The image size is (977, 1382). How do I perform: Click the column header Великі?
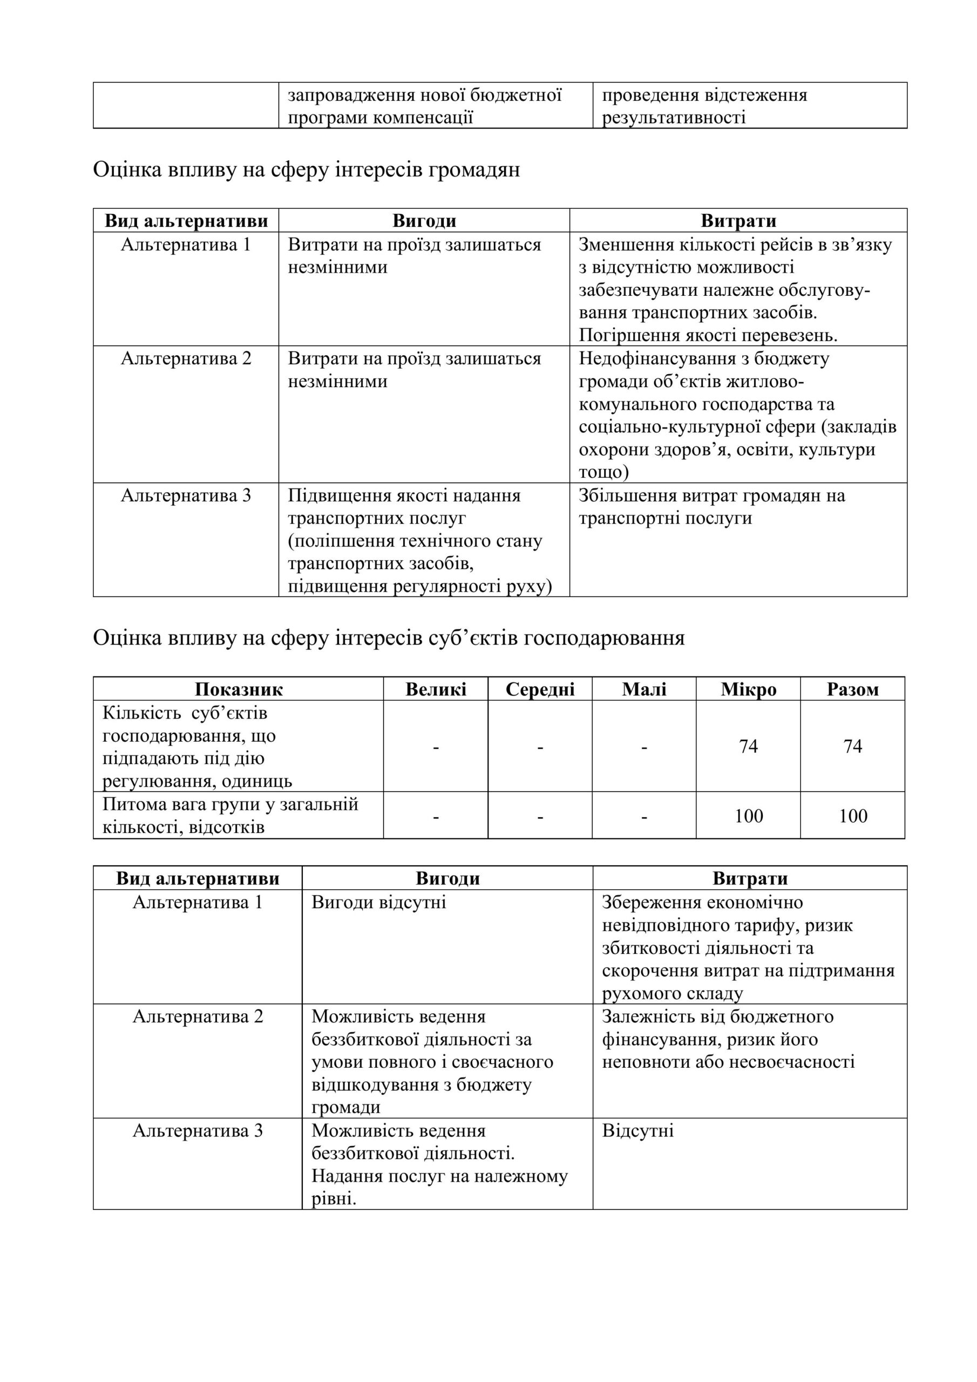(x=436, y=689)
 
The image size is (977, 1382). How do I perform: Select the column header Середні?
(x=540, y=689)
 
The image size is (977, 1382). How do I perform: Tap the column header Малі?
(x=644, y=689)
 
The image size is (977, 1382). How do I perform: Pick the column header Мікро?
(x=748, y=689)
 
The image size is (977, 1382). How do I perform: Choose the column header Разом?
(x=852, y=689)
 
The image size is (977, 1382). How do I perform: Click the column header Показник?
(x=239, y=689)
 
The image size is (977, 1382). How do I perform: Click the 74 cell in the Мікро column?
(x=748, y=747)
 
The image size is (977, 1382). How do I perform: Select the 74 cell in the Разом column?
(x=852, y=747)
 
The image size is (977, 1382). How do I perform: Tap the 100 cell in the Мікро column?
(x=748, y=816)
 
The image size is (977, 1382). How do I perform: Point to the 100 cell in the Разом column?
(x=852, y=816)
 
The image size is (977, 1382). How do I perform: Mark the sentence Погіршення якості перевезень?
(x=708, y=335)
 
